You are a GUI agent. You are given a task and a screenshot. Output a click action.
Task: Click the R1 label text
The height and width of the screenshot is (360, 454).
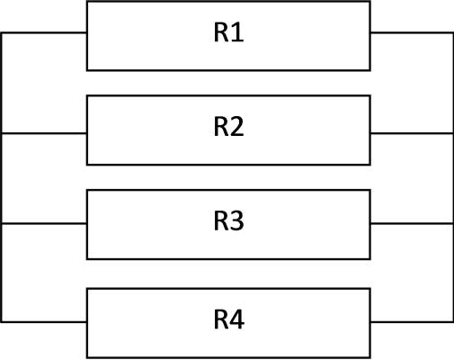[228, 32]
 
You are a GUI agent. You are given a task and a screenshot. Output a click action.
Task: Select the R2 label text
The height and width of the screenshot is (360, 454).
[228, 127]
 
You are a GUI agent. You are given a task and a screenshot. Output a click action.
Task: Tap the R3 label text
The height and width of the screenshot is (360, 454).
[228, 221]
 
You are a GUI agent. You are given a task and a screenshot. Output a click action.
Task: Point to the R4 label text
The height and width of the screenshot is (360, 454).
[229, 319]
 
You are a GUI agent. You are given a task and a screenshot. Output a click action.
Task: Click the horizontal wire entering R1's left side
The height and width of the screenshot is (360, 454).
[44, 32]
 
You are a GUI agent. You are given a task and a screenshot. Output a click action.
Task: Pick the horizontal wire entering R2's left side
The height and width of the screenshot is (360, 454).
[44, 133]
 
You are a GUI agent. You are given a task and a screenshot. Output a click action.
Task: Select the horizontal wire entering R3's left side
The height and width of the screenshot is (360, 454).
[44, 223]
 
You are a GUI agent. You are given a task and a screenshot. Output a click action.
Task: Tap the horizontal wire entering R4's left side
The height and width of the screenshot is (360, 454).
[44, 322]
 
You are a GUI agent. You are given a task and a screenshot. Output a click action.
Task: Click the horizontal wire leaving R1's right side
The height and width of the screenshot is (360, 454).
[412, 32]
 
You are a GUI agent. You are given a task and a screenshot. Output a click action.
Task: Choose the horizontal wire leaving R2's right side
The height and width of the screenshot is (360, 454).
[412, 133]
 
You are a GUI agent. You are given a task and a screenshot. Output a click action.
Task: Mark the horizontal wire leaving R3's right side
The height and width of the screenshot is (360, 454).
[412, 223]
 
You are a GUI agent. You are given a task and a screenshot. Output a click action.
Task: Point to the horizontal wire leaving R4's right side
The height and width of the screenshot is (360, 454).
[412, 322]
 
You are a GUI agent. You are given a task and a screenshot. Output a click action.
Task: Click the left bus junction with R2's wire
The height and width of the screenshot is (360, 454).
[2, 133]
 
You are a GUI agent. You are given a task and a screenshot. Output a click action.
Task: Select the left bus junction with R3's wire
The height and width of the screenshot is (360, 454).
[2, 223]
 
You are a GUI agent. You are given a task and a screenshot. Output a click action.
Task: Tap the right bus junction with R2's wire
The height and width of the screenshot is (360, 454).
[452, 133]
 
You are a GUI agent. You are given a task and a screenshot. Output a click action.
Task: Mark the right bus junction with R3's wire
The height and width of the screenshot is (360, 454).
[452, 223]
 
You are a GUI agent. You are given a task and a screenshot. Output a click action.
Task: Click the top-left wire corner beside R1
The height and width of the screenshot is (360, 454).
[2, 32]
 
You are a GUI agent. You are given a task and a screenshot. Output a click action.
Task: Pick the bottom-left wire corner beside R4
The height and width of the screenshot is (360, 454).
[2, 322]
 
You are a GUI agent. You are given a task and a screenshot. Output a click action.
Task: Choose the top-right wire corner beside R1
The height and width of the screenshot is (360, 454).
[452, 32]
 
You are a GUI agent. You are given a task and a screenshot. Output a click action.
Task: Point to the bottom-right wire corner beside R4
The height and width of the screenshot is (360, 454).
[452, 322]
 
